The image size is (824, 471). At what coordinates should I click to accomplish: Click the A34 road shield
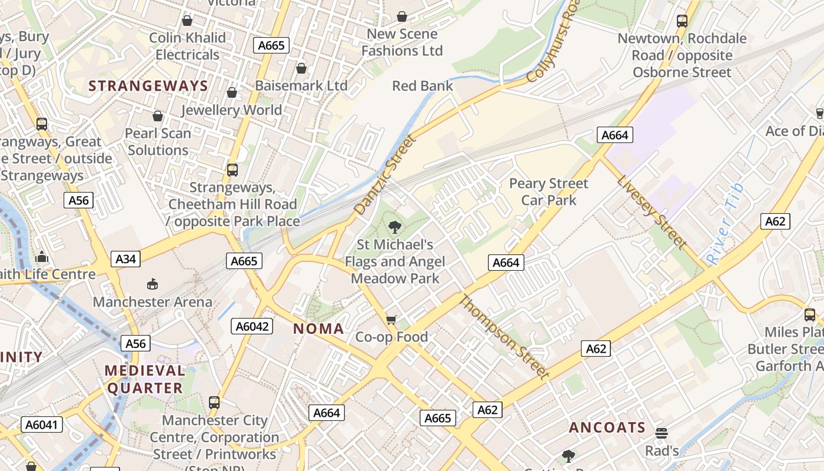coord(126,258)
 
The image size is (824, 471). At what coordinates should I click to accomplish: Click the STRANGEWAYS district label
coord(148,86)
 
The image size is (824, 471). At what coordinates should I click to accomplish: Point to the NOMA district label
coord(318,329)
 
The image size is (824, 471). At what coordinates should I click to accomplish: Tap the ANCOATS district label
coord(607,427)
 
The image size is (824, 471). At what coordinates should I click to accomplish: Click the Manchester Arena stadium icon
coord(152,284)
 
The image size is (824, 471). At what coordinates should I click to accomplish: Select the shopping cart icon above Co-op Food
coord(391,320)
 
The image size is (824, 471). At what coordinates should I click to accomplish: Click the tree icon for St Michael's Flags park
coord(395,227)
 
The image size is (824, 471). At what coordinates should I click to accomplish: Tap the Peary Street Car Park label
coord(549,192)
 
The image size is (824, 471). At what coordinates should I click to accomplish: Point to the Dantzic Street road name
coord(386,174)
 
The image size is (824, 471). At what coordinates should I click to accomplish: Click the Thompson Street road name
coord(504,337)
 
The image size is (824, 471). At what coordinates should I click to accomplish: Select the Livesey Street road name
coord(652,212)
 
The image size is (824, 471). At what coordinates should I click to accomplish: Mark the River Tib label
coord(725,224)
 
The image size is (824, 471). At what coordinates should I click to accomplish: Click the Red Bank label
coord(423,86)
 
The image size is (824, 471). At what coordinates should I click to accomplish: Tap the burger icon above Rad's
coord(662,433)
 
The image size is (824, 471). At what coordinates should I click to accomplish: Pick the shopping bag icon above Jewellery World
coord(232,92)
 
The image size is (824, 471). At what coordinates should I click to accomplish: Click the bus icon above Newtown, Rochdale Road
coord(682,21)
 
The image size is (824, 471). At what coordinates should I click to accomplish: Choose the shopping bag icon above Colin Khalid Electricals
coord(187,21)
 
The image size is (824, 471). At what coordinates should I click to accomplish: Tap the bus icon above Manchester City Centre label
coord(214,403)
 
